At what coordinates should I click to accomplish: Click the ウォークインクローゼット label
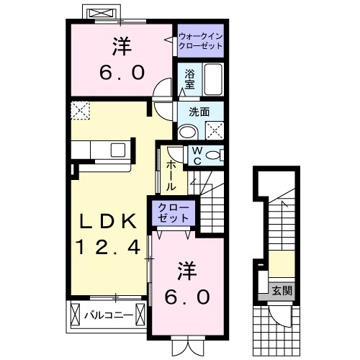tap(199, 40)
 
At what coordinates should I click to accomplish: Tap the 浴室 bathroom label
tap(189, 78)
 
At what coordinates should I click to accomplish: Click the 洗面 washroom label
tap(199, 112)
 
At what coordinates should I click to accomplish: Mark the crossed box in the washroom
tap(214, 130)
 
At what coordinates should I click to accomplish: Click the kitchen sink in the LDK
tap(117, 150)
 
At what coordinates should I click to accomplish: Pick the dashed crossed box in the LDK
tap(79, 109)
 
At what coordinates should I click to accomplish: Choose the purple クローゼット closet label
tap(174, 213)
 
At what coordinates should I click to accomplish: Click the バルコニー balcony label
tap(106, 315)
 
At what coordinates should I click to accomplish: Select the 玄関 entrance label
tap(282, 291)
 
